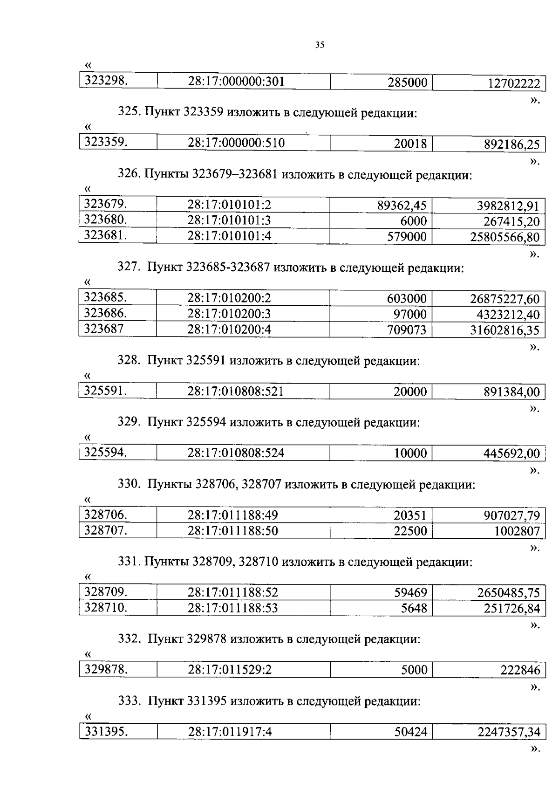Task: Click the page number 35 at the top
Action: coord(320,45)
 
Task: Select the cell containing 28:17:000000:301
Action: coord(236,82)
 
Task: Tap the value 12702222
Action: coord(514,83)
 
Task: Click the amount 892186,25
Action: coord(511,144)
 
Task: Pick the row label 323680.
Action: coord(106,220)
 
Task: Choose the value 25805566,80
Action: coord(504,238)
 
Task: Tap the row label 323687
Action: coord(104,329)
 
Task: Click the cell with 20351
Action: coord(410,515)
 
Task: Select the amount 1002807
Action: coord(517,531)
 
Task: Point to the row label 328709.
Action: coord(106,592)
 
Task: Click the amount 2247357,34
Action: coord(509,733)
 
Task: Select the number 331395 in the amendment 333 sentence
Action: coord(206,701)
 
